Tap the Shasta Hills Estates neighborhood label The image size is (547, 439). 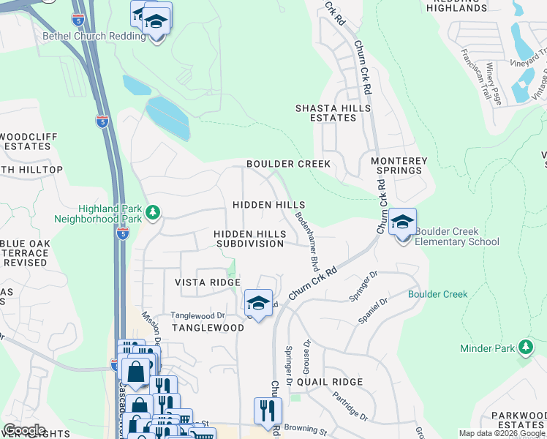[333, 113]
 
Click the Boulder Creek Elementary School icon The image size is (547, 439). [402, 222]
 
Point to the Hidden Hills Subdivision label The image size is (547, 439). [249, 239]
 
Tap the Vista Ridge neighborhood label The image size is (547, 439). [207, 282]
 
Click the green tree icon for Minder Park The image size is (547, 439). [525, 348]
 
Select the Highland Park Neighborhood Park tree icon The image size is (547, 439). [152, 213]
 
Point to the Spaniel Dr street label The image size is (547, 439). [371, 314]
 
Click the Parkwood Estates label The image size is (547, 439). [518, 420]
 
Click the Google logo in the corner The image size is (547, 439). [24, 430]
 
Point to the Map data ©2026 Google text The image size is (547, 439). [501, 433]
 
